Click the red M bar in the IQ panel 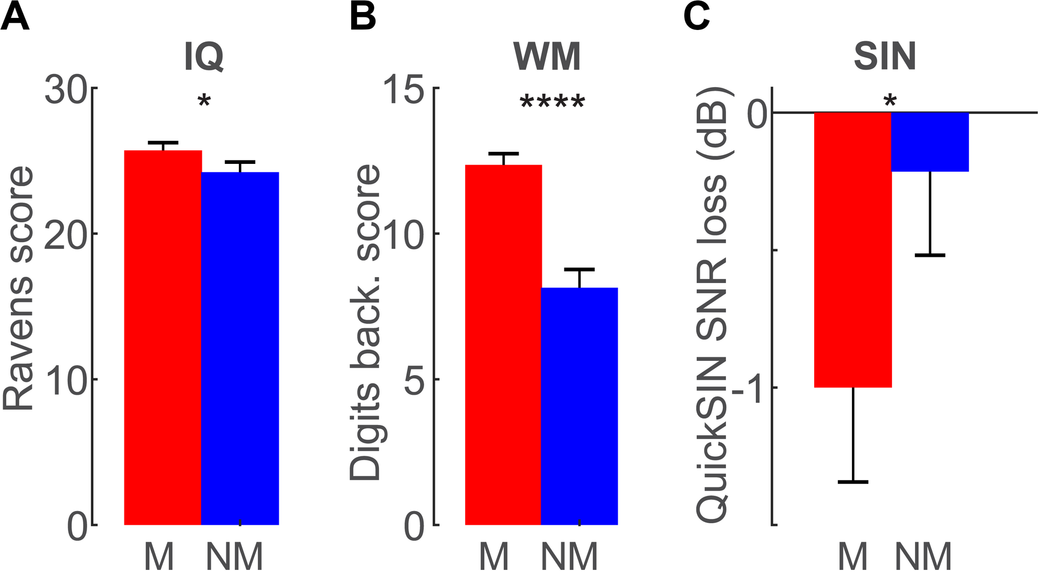[163, 336]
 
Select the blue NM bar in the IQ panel [240, 347]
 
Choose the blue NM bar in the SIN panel [930, 142]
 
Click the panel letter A [15, 17]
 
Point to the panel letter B [362, 17]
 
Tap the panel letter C [697, 17]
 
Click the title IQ [204, 57]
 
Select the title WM [546, 57]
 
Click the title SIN [885, 57]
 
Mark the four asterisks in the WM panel [552, 102]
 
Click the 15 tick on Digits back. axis [404, 89]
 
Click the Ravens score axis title [18, 289]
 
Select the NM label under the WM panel [569, 557]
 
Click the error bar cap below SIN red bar [853, 482]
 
